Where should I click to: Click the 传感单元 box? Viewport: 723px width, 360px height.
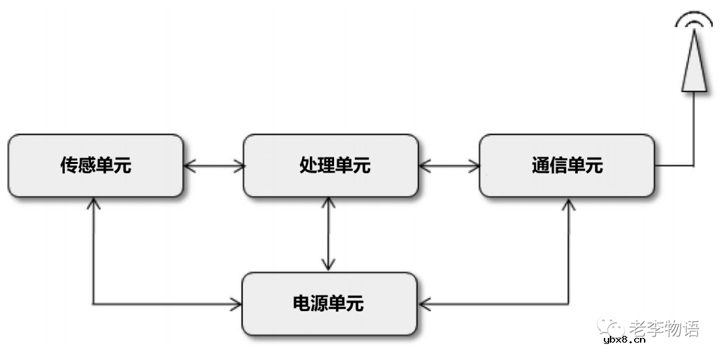coord(95,165)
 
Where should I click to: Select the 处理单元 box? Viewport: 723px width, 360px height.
coord(331,165)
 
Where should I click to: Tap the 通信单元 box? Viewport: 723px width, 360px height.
coord(567,165)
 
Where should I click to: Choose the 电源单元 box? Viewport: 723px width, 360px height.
coord(329,304)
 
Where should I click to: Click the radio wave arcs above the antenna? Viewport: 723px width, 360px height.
coord(694,20)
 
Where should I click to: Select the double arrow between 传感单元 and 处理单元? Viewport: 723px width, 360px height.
coord(213,165)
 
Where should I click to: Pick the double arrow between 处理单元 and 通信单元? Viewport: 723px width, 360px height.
coord(449,165)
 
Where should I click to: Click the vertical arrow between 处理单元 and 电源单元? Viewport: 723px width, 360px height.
coord(328,234)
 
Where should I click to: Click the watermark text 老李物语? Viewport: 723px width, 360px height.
coord(664,328)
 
